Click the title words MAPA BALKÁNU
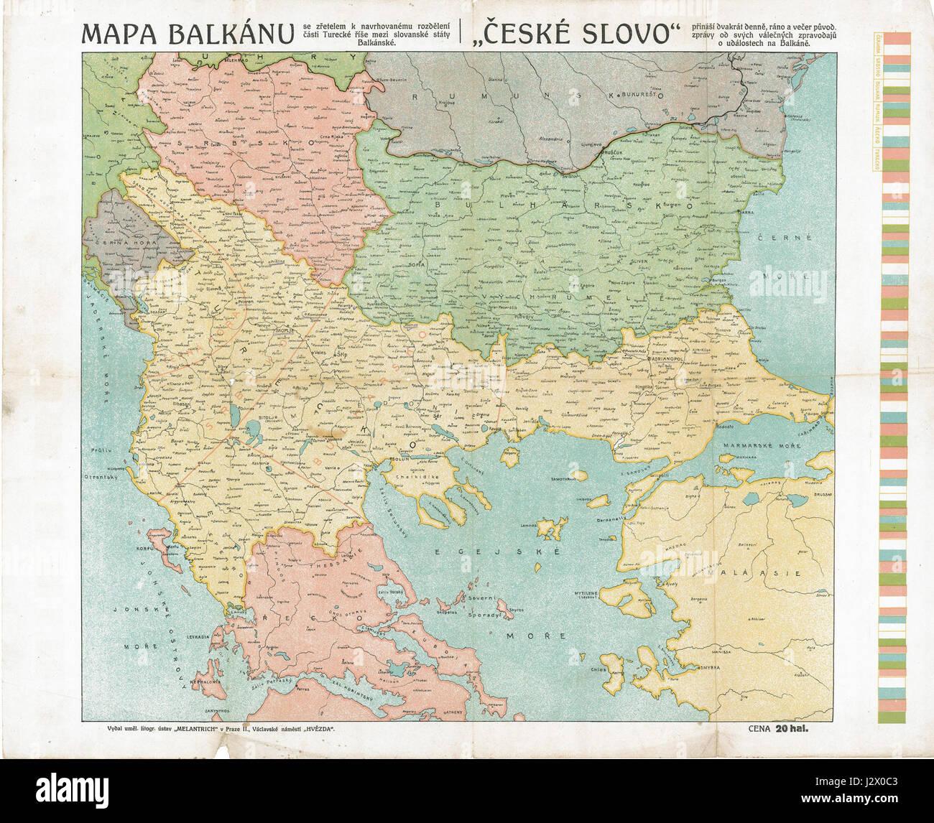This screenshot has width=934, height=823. click(188, 34)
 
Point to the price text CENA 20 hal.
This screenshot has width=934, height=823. click(779, 730)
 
